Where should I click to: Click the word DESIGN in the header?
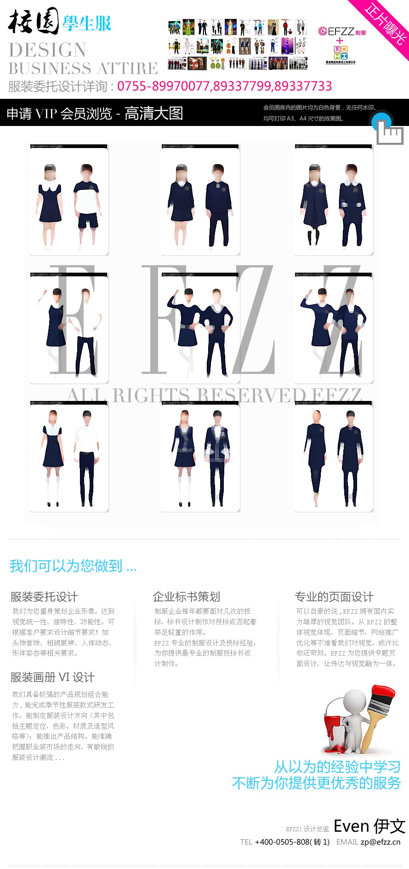pos(47,50)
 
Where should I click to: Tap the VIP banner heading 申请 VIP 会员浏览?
pos(60,114)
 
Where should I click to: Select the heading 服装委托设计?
pos(44,597)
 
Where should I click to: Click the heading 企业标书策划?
pos(187,597)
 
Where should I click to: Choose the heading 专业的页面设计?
pos(334,597)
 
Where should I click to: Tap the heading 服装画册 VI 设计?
pos(52,677)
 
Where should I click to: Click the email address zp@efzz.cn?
pos(380,842)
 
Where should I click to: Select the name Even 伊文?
pos(369,826)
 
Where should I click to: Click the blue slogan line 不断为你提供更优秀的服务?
pos(316,783)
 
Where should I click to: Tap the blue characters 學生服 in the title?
pos(87,23)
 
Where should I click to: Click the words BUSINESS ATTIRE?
pos(83,69)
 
